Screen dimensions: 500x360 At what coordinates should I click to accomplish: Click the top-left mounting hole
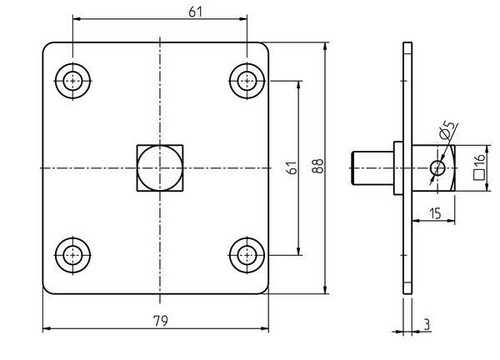pos(73,81)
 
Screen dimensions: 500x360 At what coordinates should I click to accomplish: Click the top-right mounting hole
pos(247,81)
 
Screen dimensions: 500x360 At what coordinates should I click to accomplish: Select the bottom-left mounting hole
pos(73,255)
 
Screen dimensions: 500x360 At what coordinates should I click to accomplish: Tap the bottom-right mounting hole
pos(247,255)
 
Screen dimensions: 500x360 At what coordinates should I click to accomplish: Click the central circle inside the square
pos(160,168)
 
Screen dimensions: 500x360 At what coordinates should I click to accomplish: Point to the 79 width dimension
pos(161,321)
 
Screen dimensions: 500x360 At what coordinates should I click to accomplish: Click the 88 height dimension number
pos(318,166)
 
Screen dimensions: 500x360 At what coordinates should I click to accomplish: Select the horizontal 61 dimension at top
pos(195,12)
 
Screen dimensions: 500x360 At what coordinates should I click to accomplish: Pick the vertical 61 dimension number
pos(292,167)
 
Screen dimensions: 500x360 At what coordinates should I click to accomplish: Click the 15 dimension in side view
pos(435,213)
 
